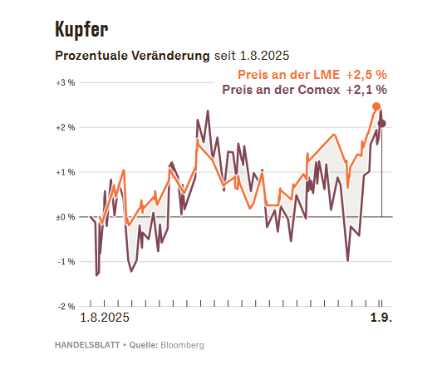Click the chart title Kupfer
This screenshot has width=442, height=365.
click(81, 29)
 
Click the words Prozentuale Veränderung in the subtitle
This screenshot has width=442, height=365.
click(132, 56)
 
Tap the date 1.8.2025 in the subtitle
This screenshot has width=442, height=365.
click(264, 56)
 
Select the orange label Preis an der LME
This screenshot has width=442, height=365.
click(288, 75)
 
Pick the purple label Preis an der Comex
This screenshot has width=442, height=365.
click(281, 90)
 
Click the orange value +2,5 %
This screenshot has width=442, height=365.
click(366, 75)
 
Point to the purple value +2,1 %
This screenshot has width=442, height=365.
click(366, 90)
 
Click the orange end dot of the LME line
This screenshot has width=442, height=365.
click(376, 106)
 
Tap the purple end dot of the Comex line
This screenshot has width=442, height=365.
click(382, 123)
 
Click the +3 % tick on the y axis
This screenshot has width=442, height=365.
click(66, 82)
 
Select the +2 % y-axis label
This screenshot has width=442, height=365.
click(66, 127)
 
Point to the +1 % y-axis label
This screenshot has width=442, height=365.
click(66, 172)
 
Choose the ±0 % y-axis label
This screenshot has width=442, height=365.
click(66, 217)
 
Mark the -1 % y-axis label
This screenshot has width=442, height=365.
click(66, 262)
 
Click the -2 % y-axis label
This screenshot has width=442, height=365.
click(66, 306)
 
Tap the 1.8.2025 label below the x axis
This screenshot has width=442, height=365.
click(105, 318)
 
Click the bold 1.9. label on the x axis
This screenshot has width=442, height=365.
click(381, 318)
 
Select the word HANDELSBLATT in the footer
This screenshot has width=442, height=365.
click(87, 345)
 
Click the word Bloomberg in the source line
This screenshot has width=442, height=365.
click(182, 345)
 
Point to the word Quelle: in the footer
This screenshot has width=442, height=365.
click(144, 345)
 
